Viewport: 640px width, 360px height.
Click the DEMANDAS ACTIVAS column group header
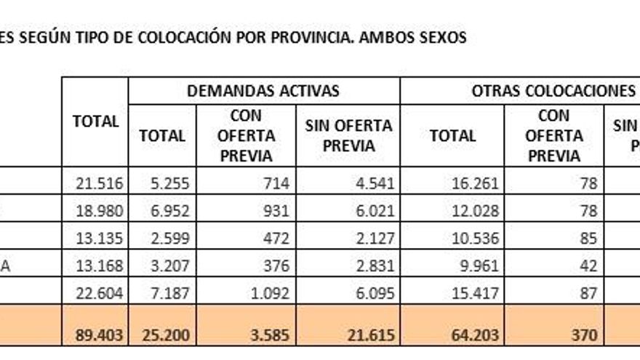[x=263, y=91]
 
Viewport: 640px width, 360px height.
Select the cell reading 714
[x=276, y=184]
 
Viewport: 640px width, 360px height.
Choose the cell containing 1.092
[x=270, y=293]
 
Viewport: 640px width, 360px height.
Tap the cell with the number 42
[x=589, y=266]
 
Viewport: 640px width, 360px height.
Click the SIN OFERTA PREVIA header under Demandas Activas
[x=348, y=135]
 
